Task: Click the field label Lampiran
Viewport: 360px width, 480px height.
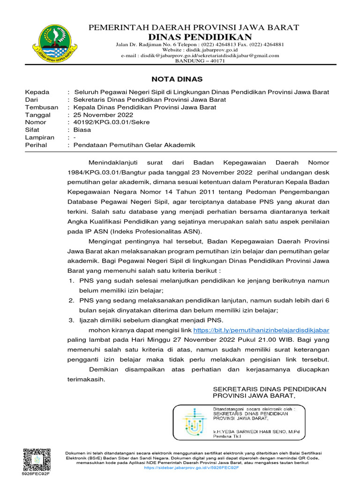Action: pos(39,138)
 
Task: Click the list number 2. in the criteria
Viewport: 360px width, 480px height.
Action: pos(72,300)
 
